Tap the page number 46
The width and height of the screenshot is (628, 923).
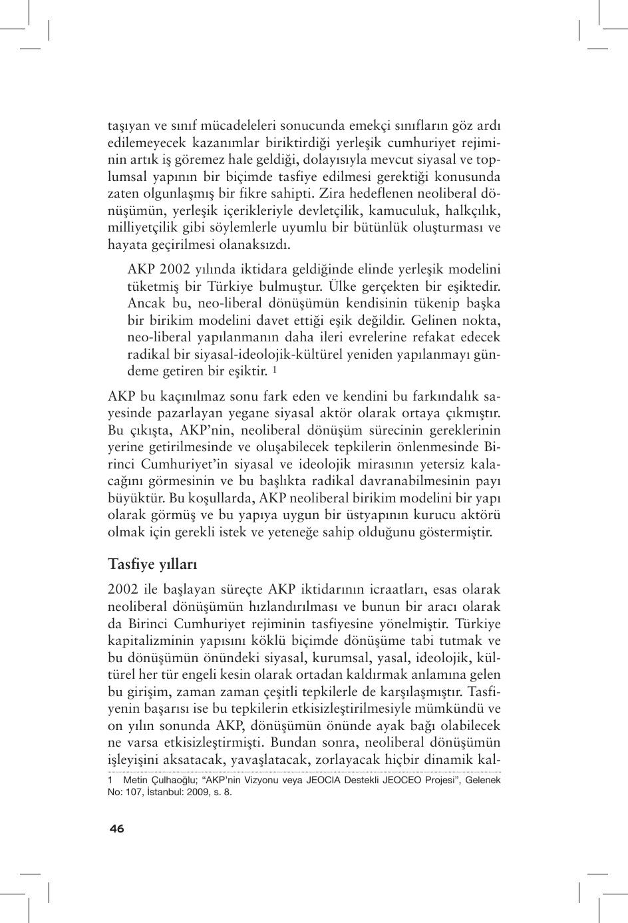(116, 829)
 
